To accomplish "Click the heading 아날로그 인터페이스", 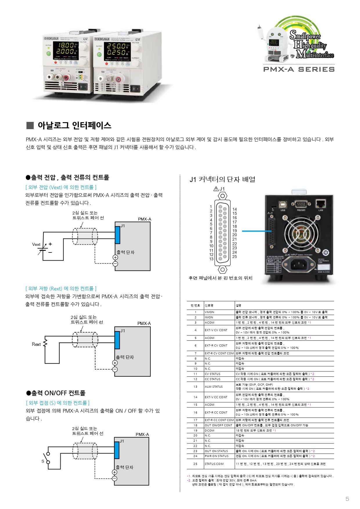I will tap(74, 125).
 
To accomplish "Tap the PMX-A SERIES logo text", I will tap(299, 69).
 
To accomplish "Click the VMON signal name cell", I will tap(209, 312).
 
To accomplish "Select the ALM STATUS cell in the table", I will tap(214, 387).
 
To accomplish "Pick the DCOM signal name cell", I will tap(209, 430).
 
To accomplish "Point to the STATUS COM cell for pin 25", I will tap(214, 464).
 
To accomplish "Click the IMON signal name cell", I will tap(209, 317).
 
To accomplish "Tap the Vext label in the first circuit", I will tap(36, 244).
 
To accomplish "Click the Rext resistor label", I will tap(36, 344).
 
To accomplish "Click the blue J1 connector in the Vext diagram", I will tap(117, 235).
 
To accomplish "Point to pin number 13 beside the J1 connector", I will tap(211, 259).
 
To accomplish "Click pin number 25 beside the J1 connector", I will tap(234, 257).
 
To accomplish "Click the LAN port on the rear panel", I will tap(320, 204).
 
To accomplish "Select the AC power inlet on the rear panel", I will tap(299, 264).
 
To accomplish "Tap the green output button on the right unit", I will tap(99, 54).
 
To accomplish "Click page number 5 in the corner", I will tap(347, 499).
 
